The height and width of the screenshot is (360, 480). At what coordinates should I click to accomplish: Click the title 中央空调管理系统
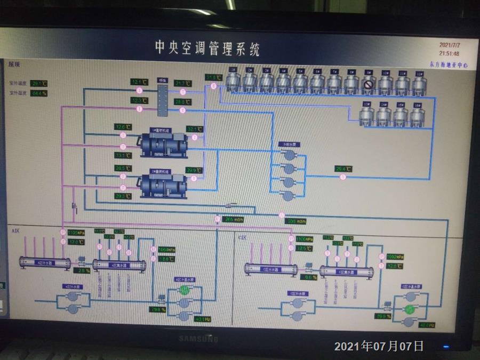click(x=207, y=49)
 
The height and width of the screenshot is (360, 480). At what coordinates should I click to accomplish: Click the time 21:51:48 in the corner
click(x=449, y=54)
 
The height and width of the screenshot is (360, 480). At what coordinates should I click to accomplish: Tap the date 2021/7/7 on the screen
click(x=449, y=45)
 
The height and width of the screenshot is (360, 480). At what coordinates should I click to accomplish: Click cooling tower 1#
click(x=233, y=81)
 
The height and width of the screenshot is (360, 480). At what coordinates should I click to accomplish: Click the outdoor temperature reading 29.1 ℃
click(x=39, y=84)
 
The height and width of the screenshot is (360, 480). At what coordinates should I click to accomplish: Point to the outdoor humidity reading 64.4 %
click(x=39, y=93)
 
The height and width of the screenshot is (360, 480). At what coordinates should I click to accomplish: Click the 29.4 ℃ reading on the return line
click(x=343, y=169)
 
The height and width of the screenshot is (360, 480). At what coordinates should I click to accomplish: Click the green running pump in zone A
click(x=185, y=290)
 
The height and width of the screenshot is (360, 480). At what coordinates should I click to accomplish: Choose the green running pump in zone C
click(x=409, y=310)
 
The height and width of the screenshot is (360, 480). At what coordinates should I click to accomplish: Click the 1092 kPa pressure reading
click(x=394, y=257)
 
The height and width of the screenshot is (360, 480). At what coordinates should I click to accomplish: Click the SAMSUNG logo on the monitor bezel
click(x=198, y=339)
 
